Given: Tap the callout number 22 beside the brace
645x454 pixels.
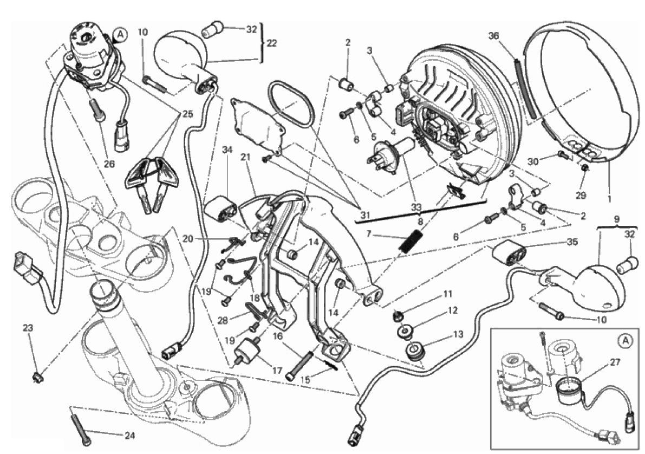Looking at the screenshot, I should pos(271,43).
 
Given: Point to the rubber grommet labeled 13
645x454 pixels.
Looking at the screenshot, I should pos(416,351).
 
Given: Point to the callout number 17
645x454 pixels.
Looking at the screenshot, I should pos(277,371).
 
